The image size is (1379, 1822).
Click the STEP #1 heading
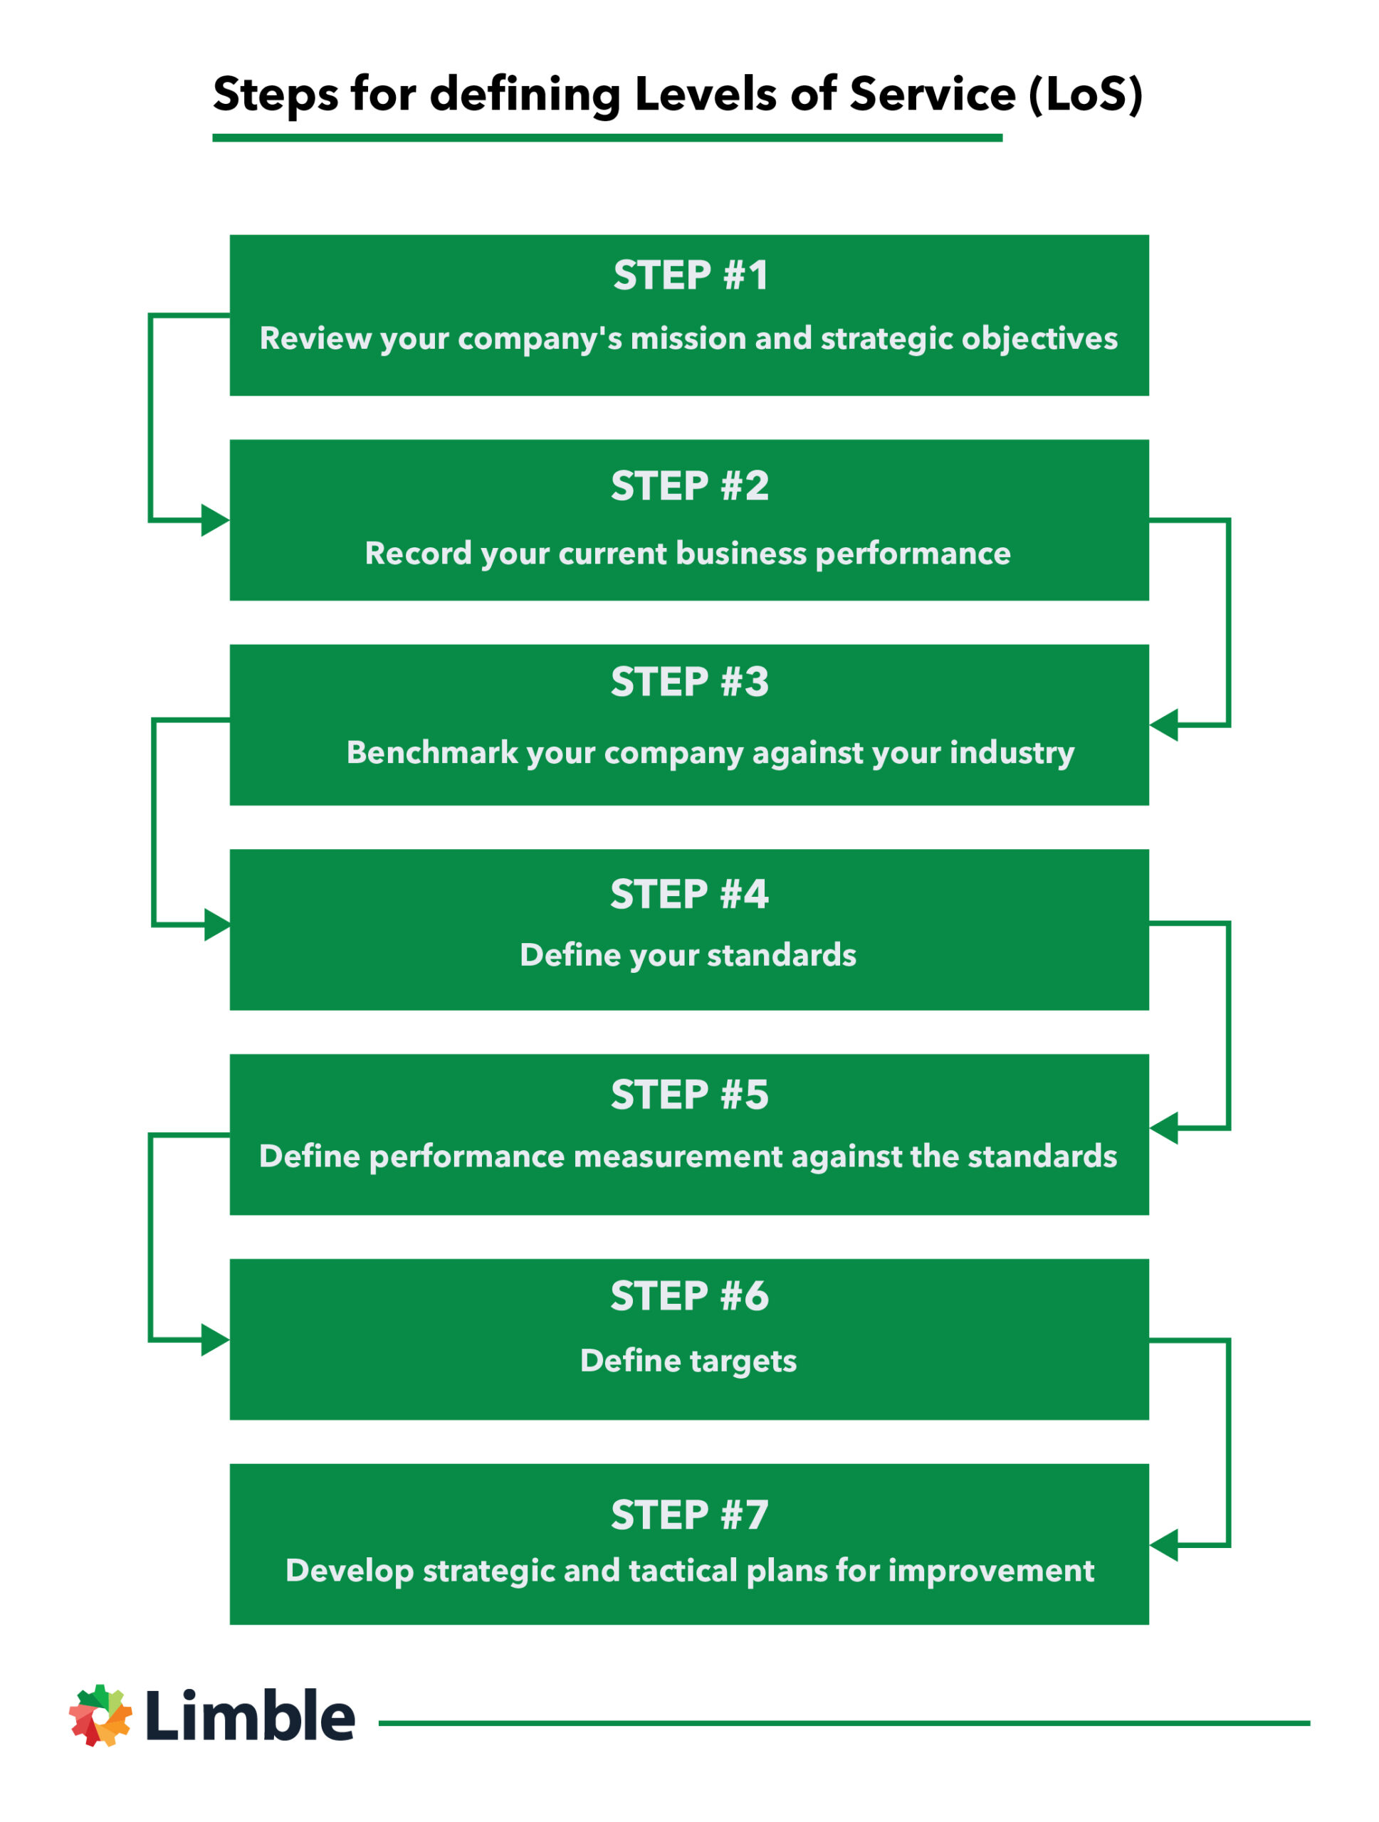click(691, 275)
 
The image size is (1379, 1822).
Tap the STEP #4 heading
click(688, 894)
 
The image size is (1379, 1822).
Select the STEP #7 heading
click(689, 1515)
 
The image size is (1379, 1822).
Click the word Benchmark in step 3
click(431, 752)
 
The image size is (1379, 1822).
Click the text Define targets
click(688, 1360)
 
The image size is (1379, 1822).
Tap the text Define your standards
click(688, 954)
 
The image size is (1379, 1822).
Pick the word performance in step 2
click(912, 554)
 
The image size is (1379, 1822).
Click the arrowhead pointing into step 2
click(214, 520)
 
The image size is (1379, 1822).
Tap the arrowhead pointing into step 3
click(1164, 725)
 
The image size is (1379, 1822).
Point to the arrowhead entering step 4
click(216, 925)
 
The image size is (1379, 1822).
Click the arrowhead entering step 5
click(1164, 1127)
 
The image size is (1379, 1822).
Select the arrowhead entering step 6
click(214, 1340)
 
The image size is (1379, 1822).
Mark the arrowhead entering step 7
click(1164, 1545)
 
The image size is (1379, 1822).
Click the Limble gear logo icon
click(100, 1716)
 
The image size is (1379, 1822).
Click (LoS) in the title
click(1085, 94)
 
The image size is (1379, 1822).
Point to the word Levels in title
click(704, 94)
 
